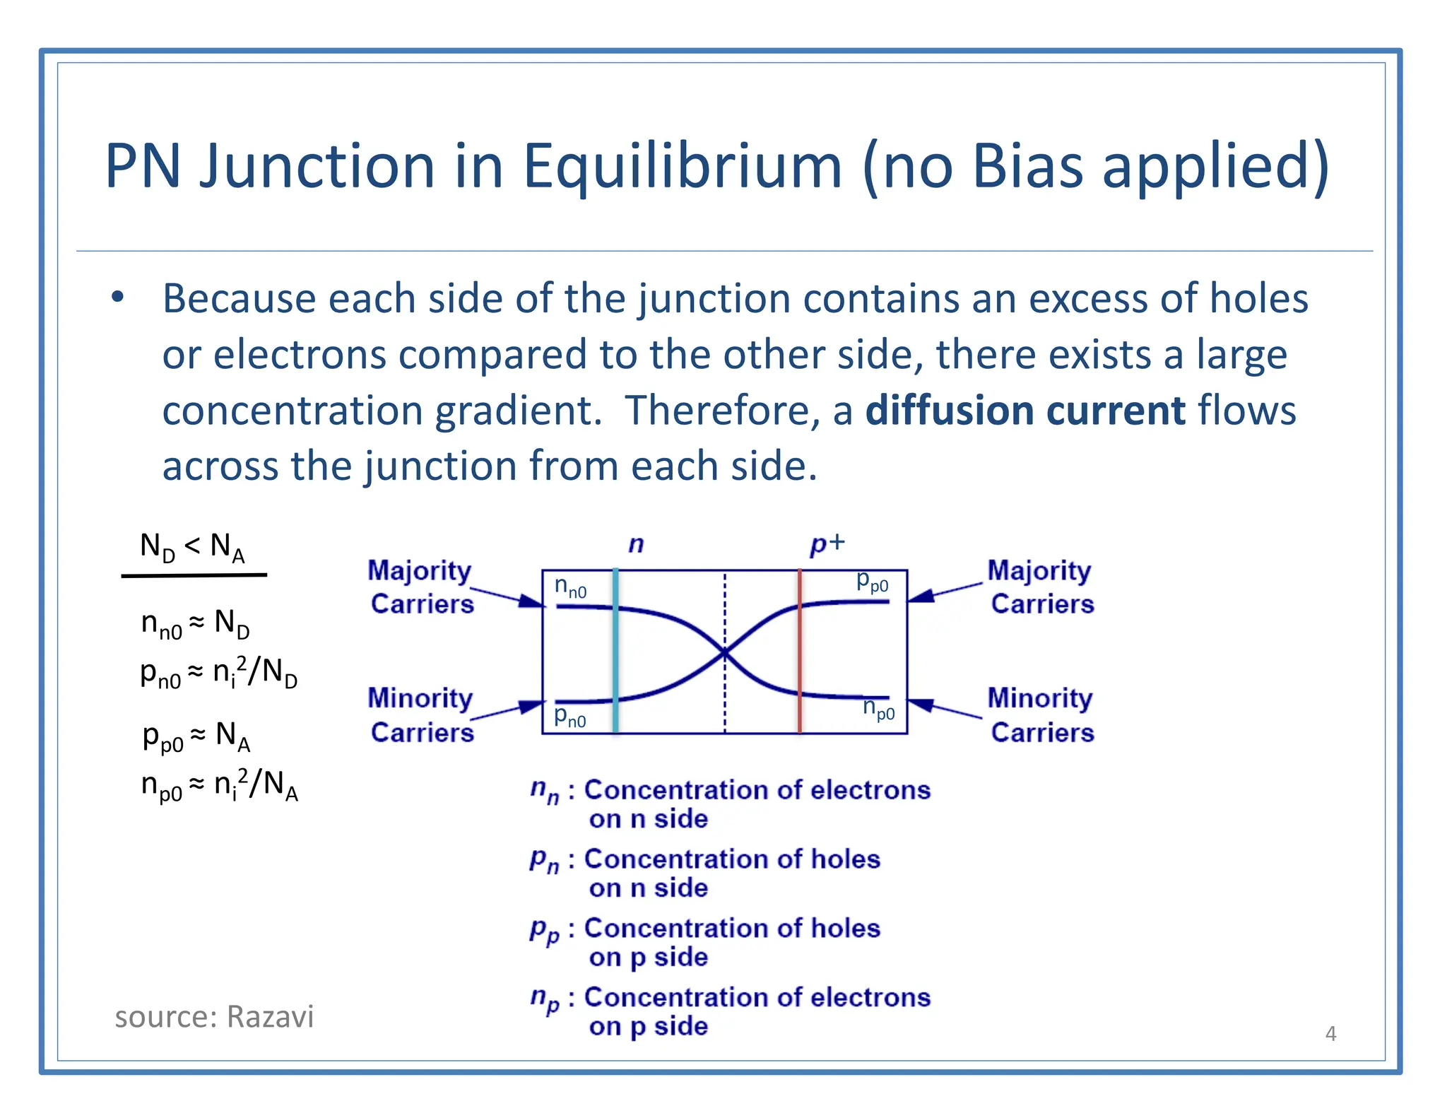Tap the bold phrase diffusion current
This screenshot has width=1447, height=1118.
[x=1025, y=411]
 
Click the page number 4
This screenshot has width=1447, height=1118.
[x=1330, y=1034]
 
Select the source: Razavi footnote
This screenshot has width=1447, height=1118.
[x=214, y=1017]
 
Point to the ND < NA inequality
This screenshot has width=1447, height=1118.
[x=192, y=548]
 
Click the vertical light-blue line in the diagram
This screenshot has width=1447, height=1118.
[x=615, y=650]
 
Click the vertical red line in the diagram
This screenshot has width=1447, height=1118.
[x=800, y=650]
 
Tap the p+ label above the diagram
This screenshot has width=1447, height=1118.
[x=827, y=543]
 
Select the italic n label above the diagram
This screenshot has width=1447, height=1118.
[x=636, y=544]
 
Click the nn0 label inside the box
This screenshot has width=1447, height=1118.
[x=570, y=587]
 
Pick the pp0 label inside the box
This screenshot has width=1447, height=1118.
[x=872, y=582]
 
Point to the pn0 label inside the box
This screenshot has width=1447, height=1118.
[x=569, y=716]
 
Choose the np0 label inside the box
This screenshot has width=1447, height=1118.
[x=879, y=708]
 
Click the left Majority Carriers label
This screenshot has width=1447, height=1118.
[x=421, y=587]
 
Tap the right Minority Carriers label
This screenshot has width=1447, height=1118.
[x=1041, y=715]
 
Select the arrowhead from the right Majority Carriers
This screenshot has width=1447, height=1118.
[x=920, y=596]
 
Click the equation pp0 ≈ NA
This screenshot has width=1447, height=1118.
[x=196, y=737]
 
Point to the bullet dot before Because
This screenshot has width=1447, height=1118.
[x=117, y=298]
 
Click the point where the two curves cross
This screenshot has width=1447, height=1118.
[x=725, y=652]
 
